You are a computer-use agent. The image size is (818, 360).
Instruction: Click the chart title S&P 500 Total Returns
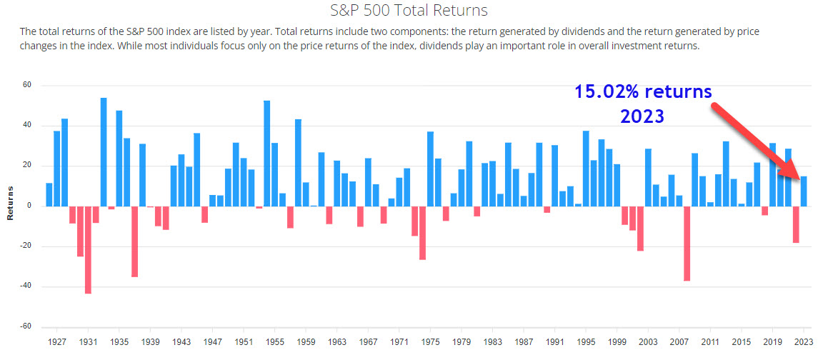pyautogui.click(x=408, y=10)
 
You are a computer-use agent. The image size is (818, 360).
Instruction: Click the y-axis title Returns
pyautogui.click(x=11, y=206)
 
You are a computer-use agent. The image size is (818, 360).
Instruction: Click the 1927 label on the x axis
pyautogui.click(x=56, y=341)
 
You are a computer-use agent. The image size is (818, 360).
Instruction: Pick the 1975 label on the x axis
pyautogui.click(x=430, y=341)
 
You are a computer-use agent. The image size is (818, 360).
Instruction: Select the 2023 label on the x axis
pyautogui.click(x=804, y=341)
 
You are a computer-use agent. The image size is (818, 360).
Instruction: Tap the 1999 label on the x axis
pyautogui.click(x=617, y=341)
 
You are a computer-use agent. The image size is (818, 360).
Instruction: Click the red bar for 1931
pyautogui.click(x=88, y=250)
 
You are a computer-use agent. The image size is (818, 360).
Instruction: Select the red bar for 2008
pyautogui.click(x=687, y=244)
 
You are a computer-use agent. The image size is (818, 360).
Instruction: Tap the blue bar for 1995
pyautogui.click(x=586, y=169)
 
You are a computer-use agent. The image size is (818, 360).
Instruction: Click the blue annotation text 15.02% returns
pyautogui.click(x=643, y=91)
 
